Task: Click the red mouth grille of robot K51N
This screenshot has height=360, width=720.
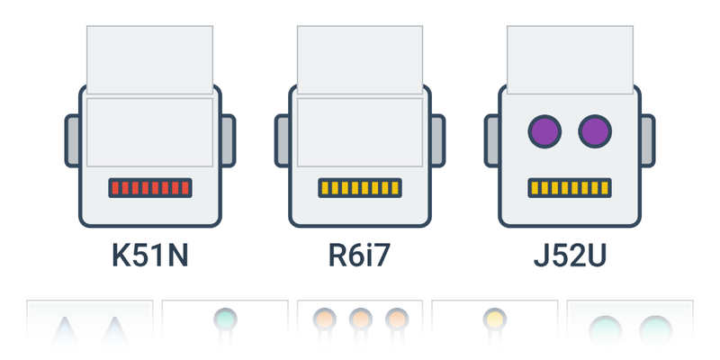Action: click(x=149, y=188)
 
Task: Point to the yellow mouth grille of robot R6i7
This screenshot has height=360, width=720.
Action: click(x=360, y=188)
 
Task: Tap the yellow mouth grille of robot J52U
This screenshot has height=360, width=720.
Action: click(x=570, y=188)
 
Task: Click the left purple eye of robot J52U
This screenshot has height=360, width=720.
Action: click(x=544, y=131)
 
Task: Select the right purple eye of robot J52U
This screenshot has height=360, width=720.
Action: click(x=595, y=131)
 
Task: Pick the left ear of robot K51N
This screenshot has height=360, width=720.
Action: click(x=72, y=140)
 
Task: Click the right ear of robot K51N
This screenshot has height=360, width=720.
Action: click(x=228, y=140)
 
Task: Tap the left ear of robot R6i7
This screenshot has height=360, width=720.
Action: click(x=282, y=140)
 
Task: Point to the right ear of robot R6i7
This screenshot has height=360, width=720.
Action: click(x=437, y=140)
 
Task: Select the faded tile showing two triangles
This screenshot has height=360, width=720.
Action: click(x=90, y=328)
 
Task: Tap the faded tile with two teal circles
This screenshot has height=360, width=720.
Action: click(x=630, y=328)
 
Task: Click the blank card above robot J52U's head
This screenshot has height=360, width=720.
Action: click(x=570, y=56)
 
